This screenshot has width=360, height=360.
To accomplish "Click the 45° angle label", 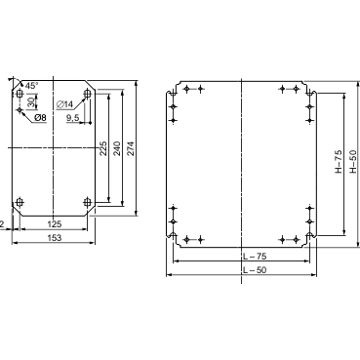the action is [31, 86].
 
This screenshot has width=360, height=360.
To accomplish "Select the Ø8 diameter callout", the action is [40, 117].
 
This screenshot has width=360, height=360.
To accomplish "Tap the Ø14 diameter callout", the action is [64, 104].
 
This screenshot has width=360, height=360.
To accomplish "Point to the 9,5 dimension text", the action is [73, 118].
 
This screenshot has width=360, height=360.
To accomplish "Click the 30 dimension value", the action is [31, 102].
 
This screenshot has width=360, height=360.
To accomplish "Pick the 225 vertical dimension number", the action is [103, 148].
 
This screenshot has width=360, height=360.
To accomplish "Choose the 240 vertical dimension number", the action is [117, 148].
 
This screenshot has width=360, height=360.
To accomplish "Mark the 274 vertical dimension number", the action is [131, 148].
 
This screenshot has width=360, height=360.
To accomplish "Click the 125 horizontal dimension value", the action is [55, 224].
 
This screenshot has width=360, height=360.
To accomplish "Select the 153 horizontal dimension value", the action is [55, 238].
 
